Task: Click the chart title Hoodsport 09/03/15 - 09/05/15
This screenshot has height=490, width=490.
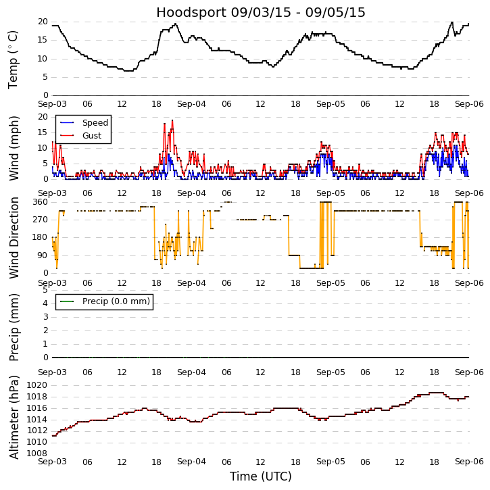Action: (260, 12)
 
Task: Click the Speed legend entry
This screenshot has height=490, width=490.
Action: (95, 123)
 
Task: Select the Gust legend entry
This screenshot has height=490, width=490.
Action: (92, 136)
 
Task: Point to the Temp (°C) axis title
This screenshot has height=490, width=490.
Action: (14, 59)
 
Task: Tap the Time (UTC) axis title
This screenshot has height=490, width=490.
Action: (260, 476)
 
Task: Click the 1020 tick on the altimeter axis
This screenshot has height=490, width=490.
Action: (36, 385)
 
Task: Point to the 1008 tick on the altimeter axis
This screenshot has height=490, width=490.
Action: (36, 453)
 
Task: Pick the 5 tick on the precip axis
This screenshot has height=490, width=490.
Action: (45, 290)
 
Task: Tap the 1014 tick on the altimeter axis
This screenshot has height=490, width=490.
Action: (36, 419)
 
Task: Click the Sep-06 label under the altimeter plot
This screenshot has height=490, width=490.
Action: (468, 462)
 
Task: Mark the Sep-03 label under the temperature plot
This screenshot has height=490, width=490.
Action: (52, 105)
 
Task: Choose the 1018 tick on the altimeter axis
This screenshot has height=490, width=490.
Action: (36, 397)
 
